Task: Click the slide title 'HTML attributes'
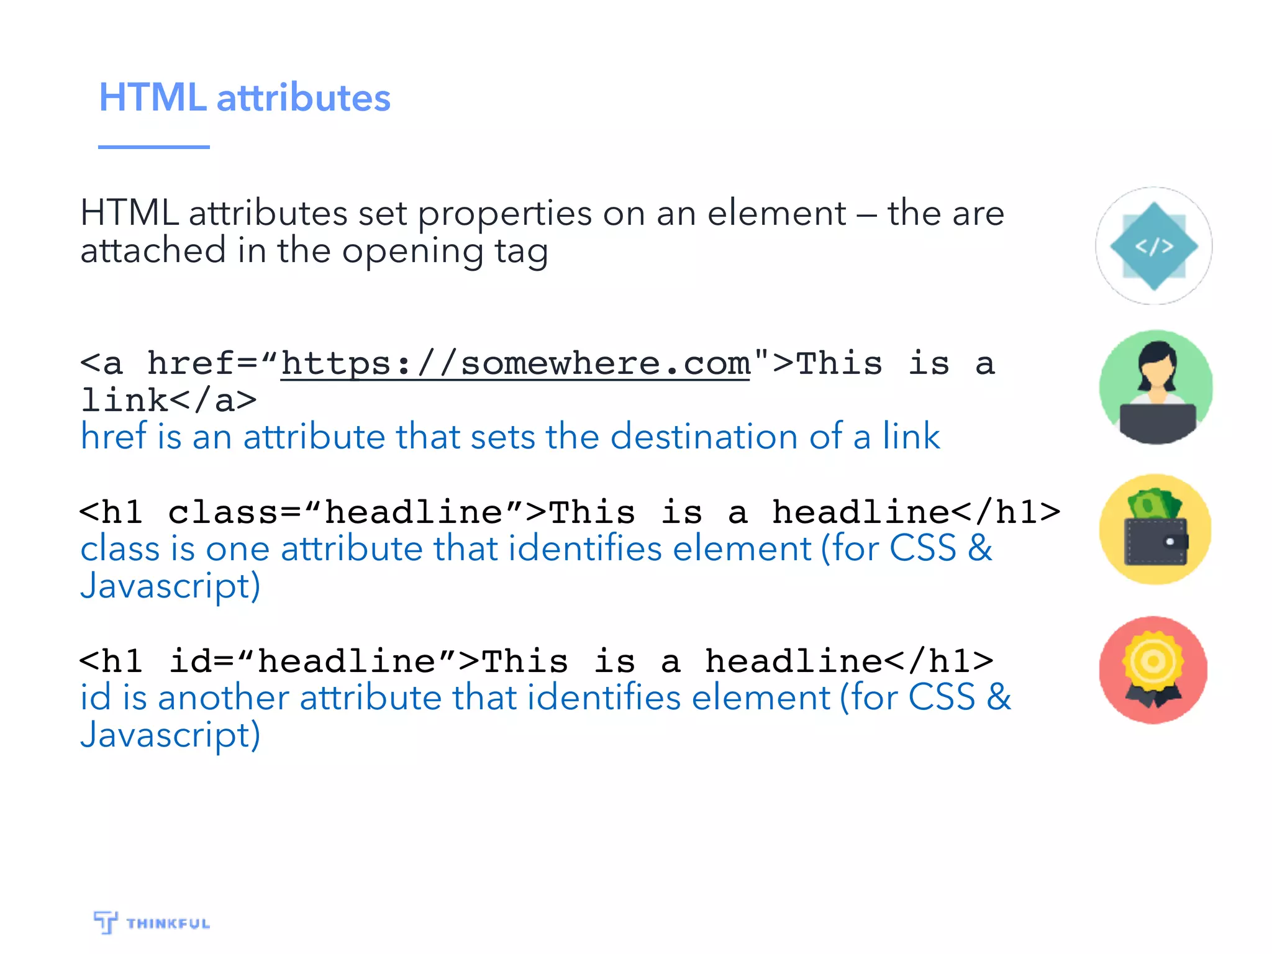click(x=245, y=98)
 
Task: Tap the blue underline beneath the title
click(x=153, y=147)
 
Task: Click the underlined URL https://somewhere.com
click(x=516, y=364)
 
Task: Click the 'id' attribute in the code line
click(x=192, y=661)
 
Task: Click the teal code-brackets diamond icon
click(x=1153, y=246)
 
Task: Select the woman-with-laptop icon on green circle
click(x=1155, y=387)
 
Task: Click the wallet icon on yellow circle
click(x=1155, y=530)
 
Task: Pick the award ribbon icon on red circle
click(x=1153, y=670)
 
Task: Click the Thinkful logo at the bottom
click(x=152, y=922)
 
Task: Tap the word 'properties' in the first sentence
click(x=504, y=214)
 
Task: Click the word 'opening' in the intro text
click(x=412, y=252)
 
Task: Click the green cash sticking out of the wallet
click(x=1154, y=504)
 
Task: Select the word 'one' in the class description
click(x=237, y=549)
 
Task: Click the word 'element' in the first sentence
click(x=776, y=214)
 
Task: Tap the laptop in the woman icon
click(x=1157, y=422)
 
